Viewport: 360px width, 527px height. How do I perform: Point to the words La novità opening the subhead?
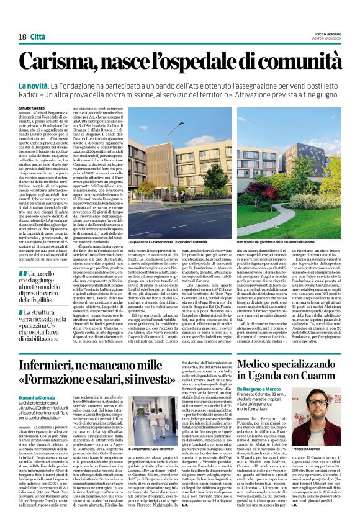point(52,84)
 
